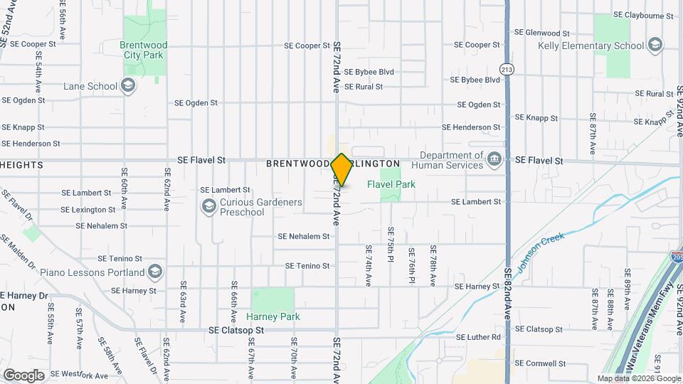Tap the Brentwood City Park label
(144, 50)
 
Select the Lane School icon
(128, 87)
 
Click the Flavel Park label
(391, 185)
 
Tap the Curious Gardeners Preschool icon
(208, 207)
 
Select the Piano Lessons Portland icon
(155, 272)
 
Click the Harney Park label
(273, 316)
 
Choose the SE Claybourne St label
(643, 15)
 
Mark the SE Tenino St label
(307, 266)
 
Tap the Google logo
(23, 375)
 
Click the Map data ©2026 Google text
(639, 378)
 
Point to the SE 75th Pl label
(391, 245)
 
